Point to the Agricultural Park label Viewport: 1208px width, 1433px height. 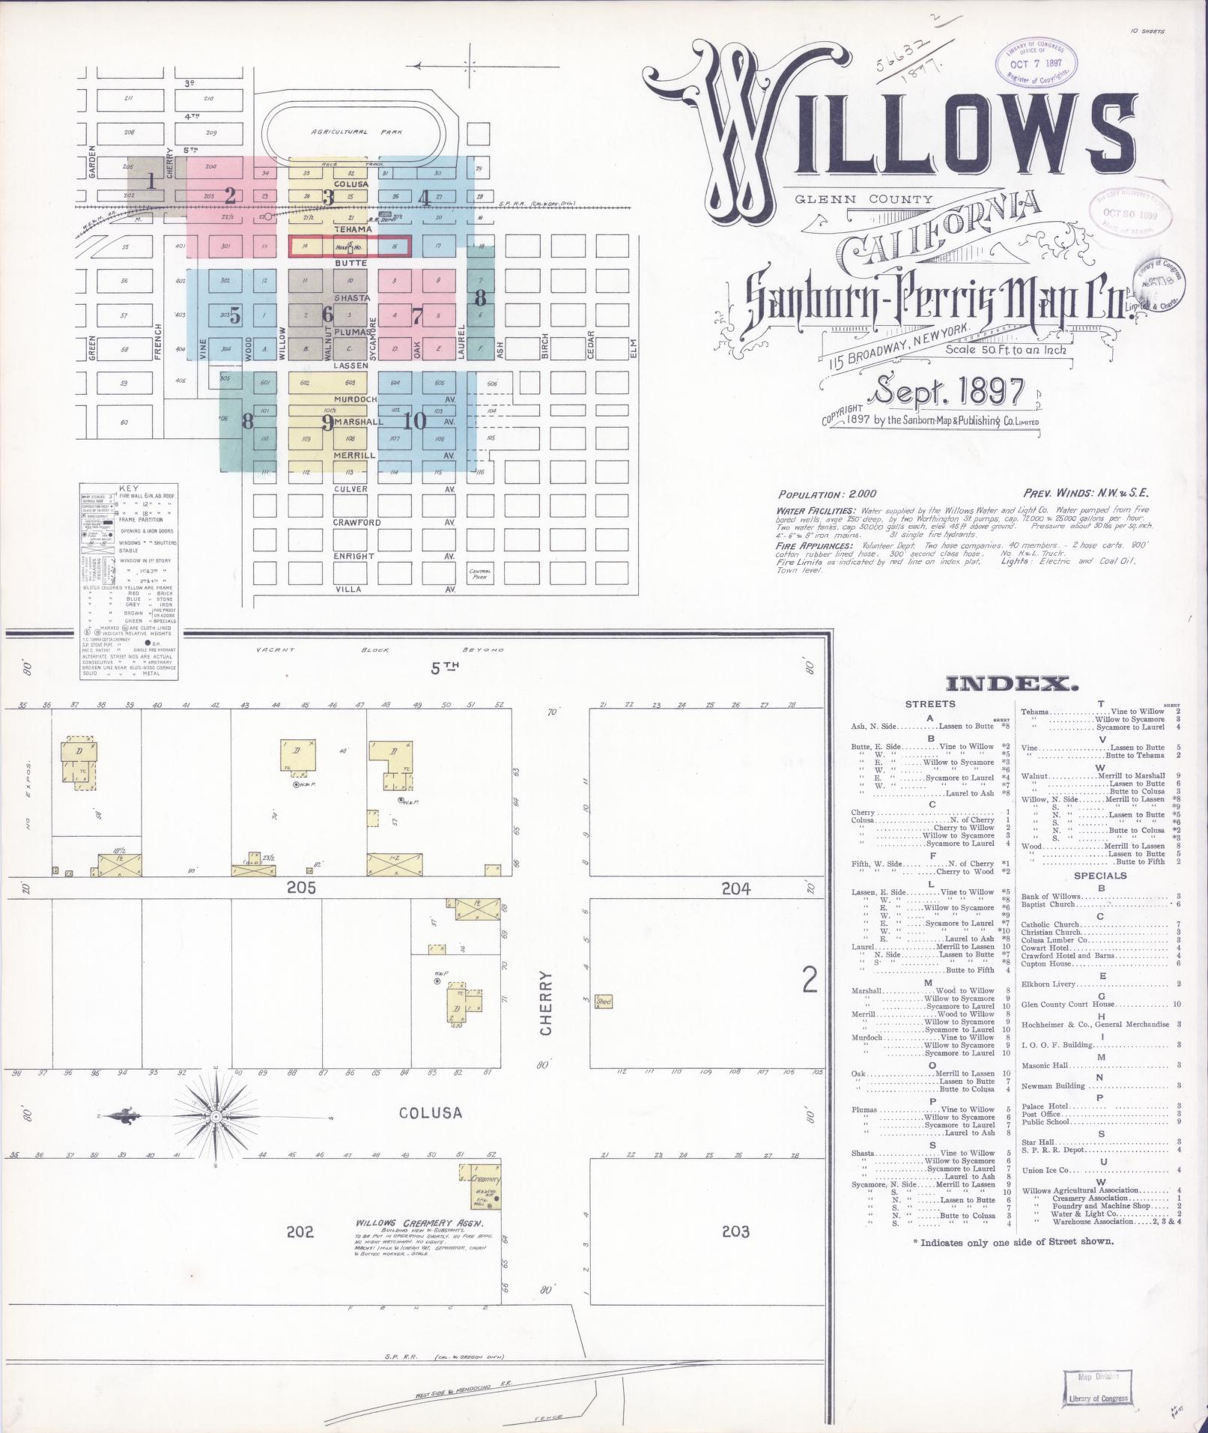point(356,132)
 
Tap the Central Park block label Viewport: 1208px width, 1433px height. point(479,574)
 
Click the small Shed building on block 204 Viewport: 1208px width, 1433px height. point(604,1002)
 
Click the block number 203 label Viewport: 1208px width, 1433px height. point(735,1231)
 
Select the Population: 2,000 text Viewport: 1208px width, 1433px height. point(822,494)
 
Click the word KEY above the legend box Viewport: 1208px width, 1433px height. point(129,488)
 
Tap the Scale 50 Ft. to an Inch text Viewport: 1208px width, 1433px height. point(1005,348)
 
